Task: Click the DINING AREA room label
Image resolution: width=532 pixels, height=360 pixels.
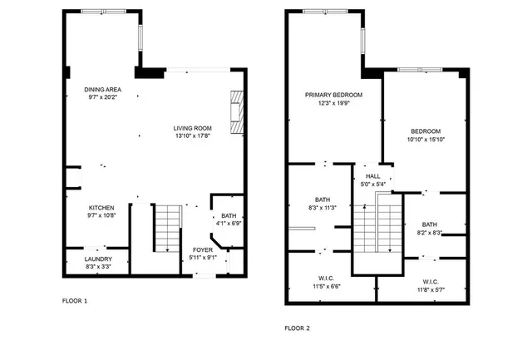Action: tap(104, 90)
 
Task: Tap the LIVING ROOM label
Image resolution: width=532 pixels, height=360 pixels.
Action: tap(192, 128)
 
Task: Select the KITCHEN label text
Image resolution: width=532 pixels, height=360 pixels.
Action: tap(101, 208)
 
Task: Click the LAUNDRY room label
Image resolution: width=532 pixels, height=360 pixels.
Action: tap(97, 259)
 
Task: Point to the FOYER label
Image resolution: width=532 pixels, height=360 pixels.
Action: tap(203, 249)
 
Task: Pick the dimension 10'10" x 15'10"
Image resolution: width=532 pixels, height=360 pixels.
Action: tap(425, 140)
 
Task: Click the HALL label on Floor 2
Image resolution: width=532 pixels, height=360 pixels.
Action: tap(372, 176)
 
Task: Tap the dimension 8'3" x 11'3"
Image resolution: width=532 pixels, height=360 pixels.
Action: tap(323, 208)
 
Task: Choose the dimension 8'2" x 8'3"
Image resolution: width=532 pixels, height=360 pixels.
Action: tap(429, 233)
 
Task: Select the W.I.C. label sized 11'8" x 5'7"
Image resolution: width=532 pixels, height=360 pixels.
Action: tap(431, 290)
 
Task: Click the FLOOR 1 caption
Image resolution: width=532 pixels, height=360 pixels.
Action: tap(75, 299)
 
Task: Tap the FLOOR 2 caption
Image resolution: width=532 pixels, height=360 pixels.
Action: tap(297, 328)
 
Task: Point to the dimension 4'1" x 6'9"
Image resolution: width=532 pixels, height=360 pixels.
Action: tap(229, 224)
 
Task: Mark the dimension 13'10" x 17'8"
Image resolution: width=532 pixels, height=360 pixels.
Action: tap(192, 136)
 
